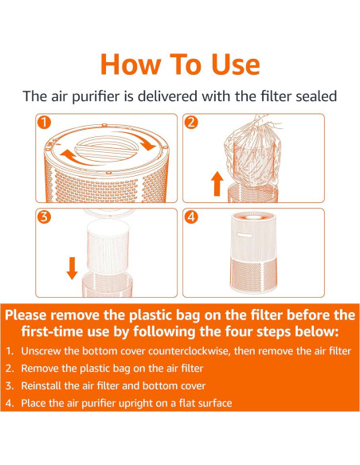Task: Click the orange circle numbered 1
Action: click(44, 122)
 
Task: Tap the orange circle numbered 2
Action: click(191, 122)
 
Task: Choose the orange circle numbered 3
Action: click(44, 217)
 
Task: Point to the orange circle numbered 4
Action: click(191, 217)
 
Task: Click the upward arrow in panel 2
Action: click(217, 184)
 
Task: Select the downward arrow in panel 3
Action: click(72, 268)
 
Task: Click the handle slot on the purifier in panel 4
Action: click(245, 235)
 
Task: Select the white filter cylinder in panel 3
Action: click(108, 246)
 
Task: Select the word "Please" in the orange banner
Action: click(25, 315)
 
